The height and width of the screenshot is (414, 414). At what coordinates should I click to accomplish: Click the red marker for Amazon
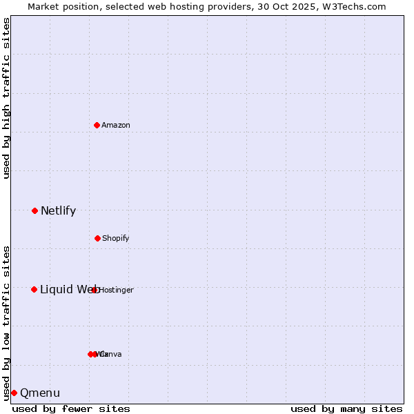pyautogui.click(x=97, y=125)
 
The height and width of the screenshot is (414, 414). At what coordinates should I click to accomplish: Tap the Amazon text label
pyautogui.click(x=116, y=126)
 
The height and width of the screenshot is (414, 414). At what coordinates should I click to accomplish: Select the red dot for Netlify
pyautogui.click(x=34, y=210)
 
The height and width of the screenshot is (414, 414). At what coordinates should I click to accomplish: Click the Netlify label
pyautogui.click(x=58, y=211)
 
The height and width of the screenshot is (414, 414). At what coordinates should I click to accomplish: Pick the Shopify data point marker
pyautogui.click(x=97, y=238)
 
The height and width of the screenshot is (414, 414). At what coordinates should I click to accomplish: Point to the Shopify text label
pyautogui.click(x=116, y=239)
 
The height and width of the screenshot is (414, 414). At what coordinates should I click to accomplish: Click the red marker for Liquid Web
pyautogui.click(x=34, y=289)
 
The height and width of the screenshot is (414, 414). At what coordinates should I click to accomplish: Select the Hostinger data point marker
pyautogui.click(x=95, y=290)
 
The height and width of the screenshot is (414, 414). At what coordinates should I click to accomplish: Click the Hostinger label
pyautogui.click(x=117, y=290)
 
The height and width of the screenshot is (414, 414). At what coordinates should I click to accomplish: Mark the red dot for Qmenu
pyautogui.click(x=14, y=393)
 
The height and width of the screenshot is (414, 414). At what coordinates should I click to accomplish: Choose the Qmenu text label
pyautogui.click(x=40, y=393)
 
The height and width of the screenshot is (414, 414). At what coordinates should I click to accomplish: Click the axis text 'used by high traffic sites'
pyautogui.click(x=7, y=98)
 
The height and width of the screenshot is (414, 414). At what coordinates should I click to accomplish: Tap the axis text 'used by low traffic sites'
pyautogui.click(x=7, y=323)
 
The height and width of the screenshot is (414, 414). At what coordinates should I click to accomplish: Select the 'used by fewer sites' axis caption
pyautogui.click(x=71, y=408)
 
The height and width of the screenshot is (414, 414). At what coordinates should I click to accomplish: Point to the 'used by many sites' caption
pyautogui.click(x=346, y=408)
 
